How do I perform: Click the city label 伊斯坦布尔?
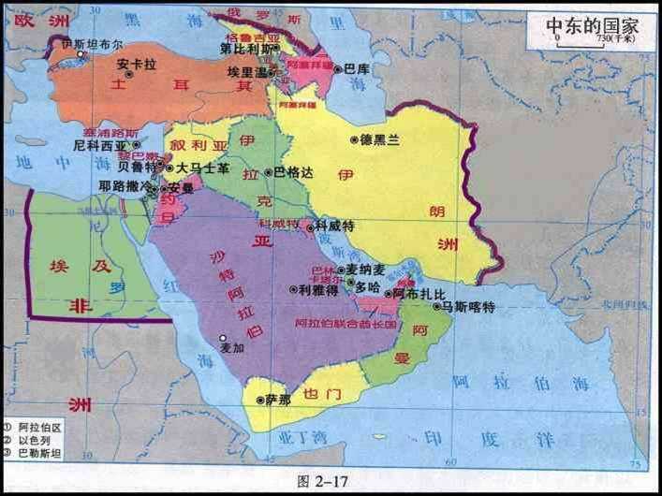pyautogui.click(x=91, y=43)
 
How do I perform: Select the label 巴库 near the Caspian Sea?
pyautogui.click(x=357, y=68)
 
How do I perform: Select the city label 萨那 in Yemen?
pyautogui.click(x=278, y=400)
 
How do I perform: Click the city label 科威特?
pyautogui.click(x=334, y=226)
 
